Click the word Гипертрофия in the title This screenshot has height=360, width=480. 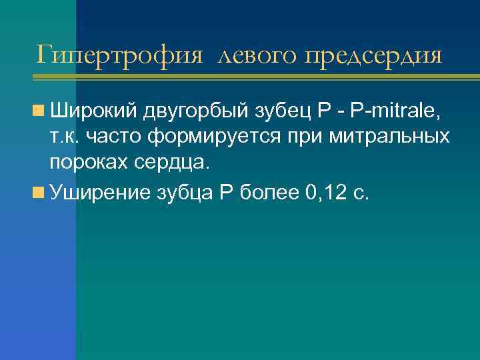click(x=119, y=55)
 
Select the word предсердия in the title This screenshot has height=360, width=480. click(x=373, y=55)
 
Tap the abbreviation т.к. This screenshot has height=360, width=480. click(x=64, y=137)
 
